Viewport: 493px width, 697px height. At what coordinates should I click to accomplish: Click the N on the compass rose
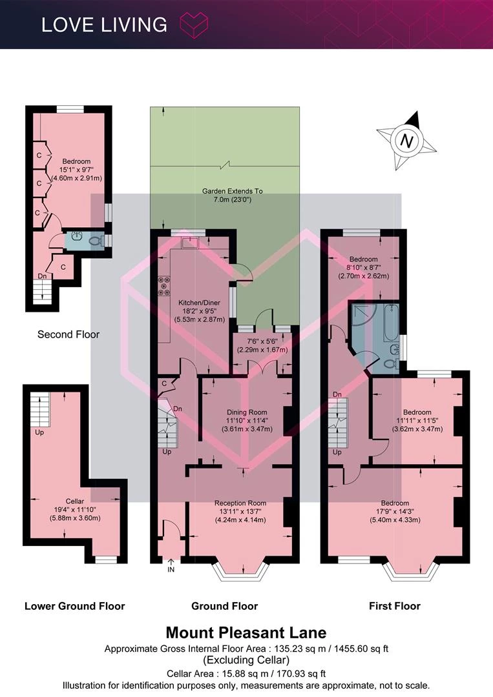click(406, 141)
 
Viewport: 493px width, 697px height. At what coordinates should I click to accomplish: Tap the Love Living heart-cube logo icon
click(194, 25)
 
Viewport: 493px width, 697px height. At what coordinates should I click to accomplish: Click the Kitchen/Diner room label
click(200, 303)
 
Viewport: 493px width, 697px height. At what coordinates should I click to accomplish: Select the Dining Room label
click(247, 412)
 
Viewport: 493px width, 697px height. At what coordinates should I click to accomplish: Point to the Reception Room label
click(240, 503)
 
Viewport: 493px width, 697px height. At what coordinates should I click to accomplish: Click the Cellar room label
click(75, 501)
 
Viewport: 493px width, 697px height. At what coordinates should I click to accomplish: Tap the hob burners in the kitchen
click(164, 286)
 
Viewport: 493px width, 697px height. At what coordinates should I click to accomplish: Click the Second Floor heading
click(68, 334)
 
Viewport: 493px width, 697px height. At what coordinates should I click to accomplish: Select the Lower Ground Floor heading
click(75, 606)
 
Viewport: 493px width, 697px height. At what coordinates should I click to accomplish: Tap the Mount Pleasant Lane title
click(246, 632)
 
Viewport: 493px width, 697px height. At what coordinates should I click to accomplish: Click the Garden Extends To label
click(232, 191)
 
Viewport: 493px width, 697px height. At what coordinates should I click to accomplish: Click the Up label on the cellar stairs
click(39, 432)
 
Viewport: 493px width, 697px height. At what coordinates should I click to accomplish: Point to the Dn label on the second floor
click(42, 276)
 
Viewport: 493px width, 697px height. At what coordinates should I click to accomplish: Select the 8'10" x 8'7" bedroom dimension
click(364, 267)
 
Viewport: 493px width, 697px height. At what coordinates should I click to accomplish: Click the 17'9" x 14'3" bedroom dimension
click(395, 512)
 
